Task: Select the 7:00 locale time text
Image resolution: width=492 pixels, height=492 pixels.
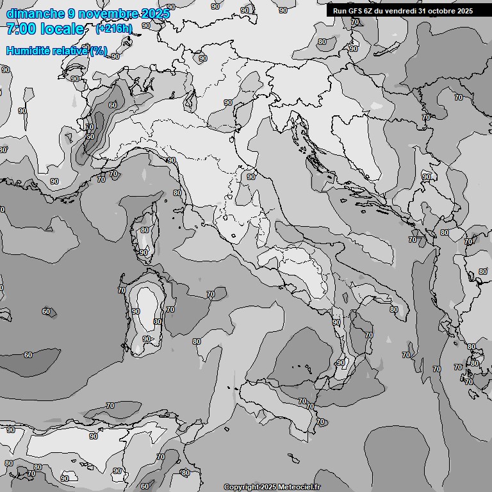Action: pyautogui.click(x=45, y=29)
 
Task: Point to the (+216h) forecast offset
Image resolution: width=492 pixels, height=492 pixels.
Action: pyautogui.click(x=114, y=29)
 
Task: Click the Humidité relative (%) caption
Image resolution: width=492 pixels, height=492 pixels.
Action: pyautogui.click(x=57, y=51)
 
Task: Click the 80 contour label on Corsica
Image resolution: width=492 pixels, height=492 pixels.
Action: pyautogui.click(x=145, y=231)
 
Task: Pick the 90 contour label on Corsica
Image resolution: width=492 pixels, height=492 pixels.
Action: pyautogui.click(x=143, y=252)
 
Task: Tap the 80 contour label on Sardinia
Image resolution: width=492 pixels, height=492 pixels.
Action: pyautogui.click(x=158, y=322)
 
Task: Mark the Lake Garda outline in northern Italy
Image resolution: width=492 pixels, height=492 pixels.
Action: pyautogui.click(x=190, y=99)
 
